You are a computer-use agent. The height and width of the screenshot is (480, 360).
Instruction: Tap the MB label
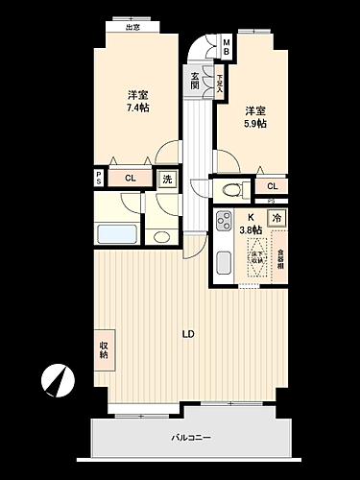227,46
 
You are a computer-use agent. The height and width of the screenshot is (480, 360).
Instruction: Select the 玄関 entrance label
195,81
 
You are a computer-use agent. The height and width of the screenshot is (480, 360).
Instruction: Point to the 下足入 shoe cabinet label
220,82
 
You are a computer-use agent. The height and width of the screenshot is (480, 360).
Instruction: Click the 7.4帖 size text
138,108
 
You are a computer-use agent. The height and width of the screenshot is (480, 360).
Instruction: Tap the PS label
98,179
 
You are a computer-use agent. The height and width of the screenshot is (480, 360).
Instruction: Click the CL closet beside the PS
129,179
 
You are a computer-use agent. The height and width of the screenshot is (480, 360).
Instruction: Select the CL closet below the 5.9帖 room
272,186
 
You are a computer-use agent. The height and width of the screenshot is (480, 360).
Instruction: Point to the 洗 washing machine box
167,179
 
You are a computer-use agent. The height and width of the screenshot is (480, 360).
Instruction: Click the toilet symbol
229,189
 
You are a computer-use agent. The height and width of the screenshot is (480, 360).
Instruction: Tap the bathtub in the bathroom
118,235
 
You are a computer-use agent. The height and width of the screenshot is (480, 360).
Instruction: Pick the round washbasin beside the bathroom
160,236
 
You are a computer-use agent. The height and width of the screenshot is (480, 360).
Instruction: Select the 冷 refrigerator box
277,219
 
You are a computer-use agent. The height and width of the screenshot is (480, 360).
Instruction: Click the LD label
189,334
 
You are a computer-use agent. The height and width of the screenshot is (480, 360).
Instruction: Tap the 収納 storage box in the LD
104,348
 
